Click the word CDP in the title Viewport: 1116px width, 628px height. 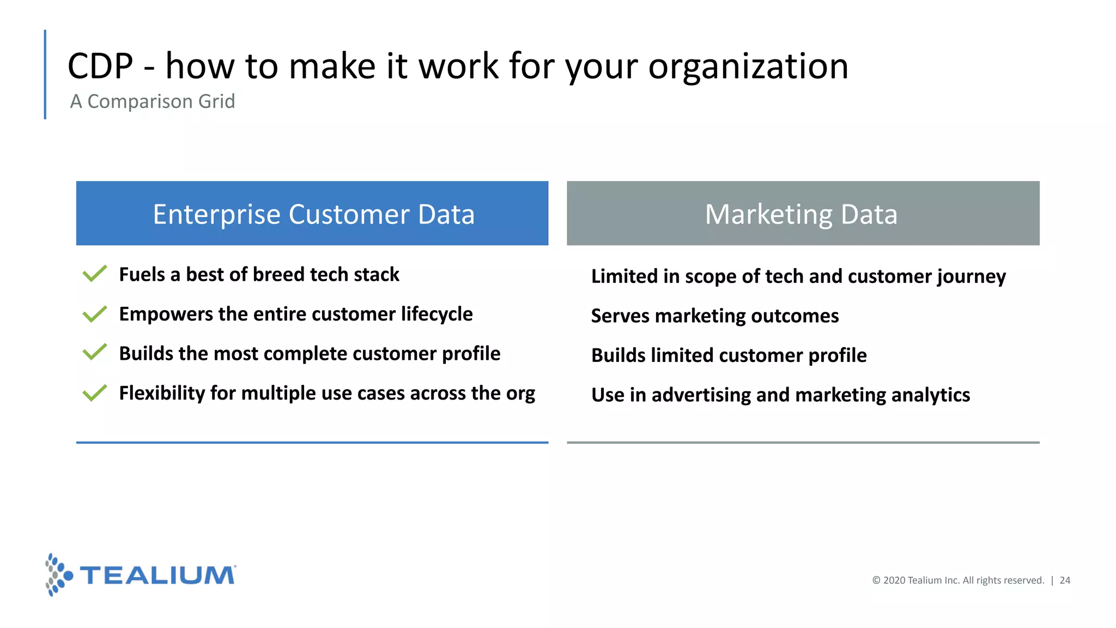click(100, 67)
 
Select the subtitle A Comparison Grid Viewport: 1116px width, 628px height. click(153, 101)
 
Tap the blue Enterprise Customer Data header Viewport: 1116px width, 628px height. click(312, 213)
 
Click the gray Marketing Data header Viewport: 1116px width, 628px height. click(803, 213)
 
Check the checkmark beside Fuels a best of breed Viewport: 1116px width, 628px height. click(95, 274)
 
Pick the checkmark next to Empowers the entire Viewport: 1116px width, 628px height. click(95, 313)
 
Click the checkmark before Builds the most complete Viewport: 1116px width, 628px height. click(95, 353)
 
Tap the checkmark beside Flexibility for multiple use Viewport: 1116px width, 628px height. click(95, 392)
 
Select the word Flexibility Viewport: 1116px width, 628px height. click(162, 393)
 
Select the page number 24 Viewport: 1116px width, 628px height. click(1065, 581)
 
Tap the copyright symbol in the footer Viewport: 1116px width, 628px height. click(876, 581)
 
